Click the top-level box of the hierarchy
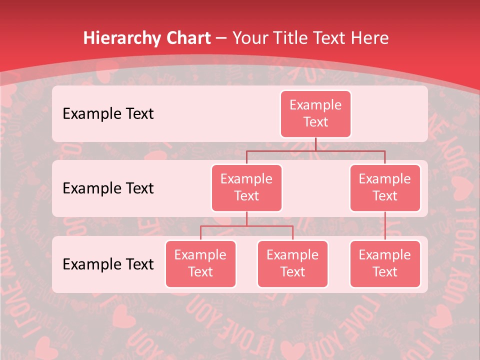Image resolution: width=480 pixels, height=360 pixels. (x=315, y=114)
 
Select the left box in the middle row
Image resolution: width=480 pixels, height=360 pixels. (x=246, y=188)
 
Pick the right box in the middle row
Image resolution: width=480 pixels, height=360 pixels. (x=385, y=188)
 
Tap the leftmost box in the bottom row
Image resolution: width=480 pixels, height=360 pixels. (x=200, y=264)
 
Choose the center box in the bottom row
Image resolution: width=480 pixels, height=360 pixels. (x=292, y=264)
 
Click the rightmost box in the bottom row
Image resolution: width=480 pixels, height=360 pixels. (x=385, y=264)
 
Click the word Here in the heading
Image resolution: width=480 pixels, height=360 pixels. (x=370, y=38)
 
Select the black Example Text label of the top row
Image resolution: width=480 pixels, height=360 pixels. (x=108, y=114)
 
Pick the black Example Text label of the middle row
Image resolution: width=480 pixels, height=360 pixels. (x=108, y=188)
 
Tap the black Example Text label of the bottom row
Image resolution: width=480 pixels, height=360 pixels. (x=108, y=264)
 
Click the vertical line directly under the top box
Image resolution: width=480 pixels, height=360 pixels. (x=315, y=144)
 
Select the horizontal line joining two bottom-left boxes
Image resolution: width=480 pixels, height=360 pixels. (x=246, y=226)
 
